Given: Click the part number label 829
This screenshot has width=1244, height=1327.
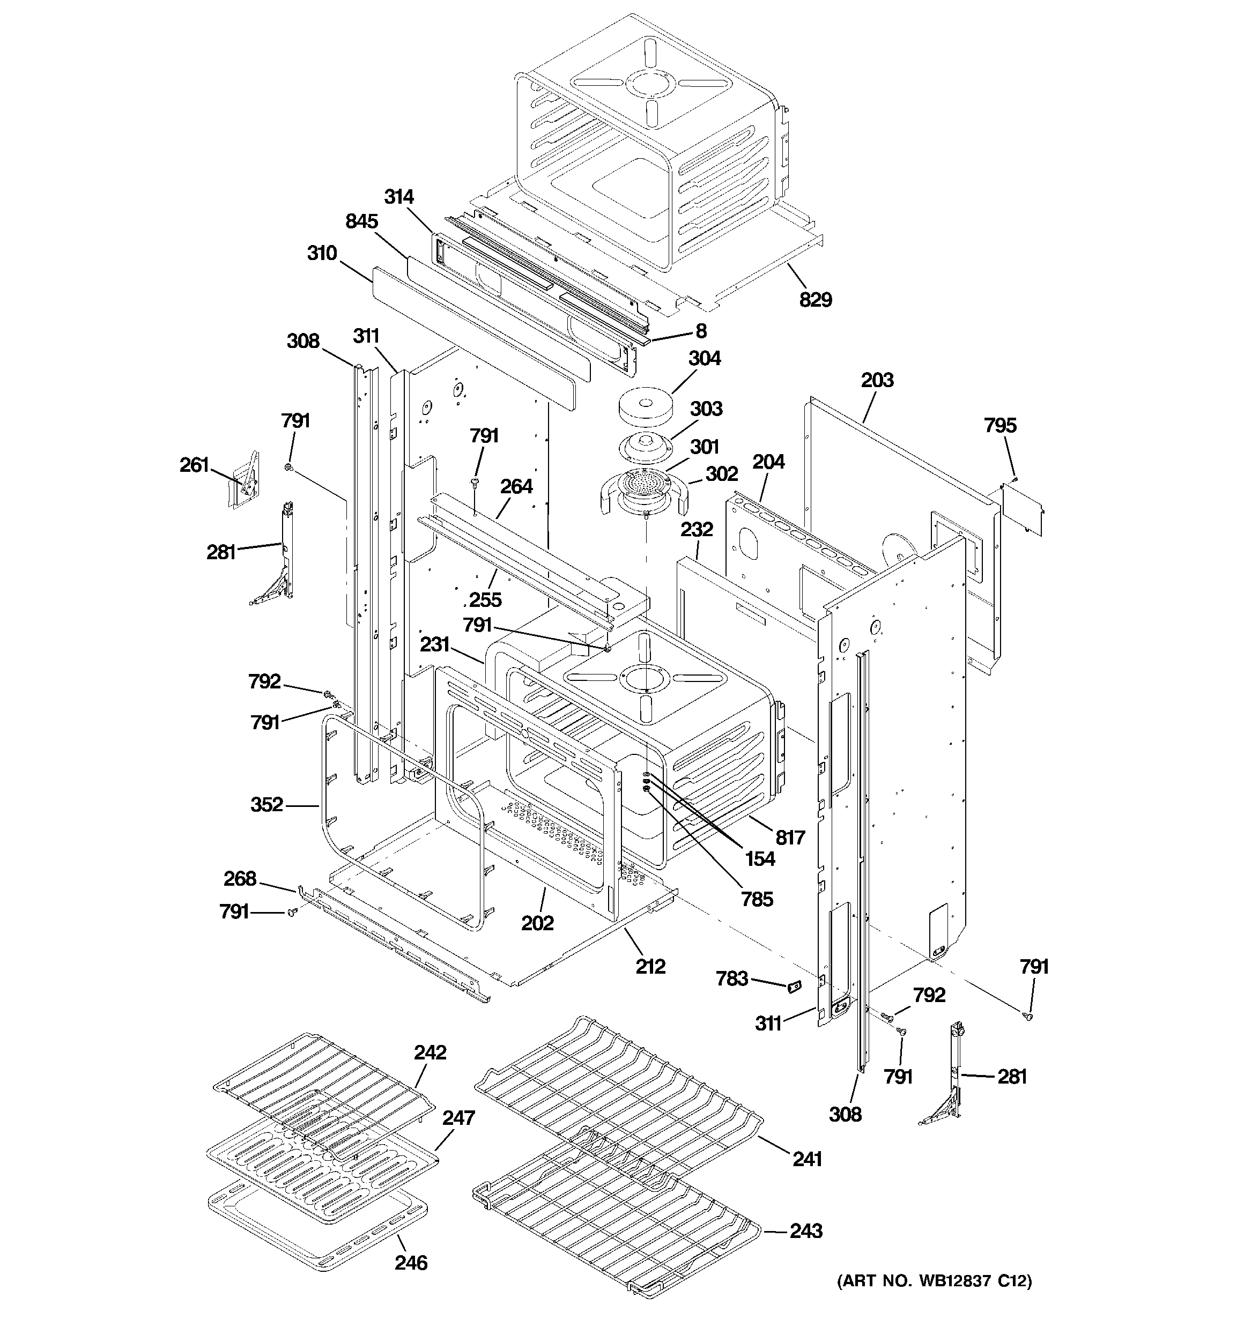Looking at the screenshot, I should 816,300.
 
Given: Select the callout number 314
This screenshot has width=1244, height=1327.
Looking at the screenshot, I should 398,197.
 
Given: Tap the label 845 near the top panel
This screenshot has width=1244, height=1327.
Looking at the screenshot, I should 361,221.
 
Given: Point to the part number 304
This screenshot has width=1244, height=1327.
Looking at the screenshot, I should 705,359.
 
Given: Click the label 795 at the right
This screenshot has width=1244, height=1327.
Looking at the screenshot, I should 999,425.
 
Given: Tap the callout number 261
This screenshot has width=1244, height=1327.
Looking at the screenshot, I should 194,464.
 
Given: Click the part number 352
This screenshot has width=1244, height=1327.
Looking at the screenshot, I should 266,804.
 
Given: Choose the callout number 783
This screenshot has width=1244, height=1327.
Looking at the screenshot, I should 732,978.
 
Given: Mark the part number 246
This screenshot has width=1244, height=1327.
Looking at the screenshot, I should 411,1262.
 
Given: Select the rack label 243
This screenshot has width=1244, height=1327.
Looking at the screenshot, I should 805,1230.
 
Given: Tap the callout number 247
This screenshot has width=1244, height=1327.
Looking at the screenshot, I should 458,1117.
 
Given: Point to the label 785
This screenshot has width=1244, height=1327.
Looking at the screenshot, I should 757,899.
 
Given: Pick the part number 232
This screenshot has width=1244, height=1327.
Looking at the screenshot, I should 697,529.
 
